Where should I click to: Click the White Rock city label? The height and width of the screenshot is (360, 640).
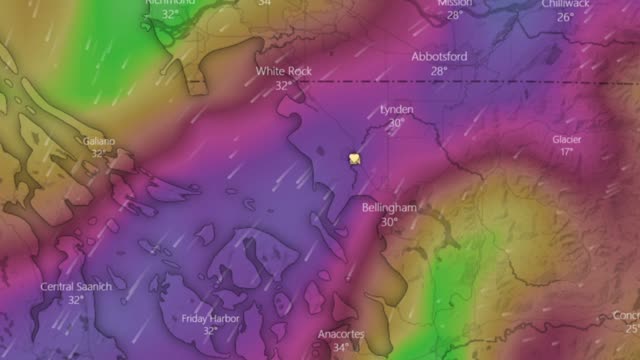pyautogui.click(x=283, y=72)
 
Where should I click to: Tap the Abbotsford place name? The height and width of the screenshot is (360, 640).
pyautogui.click(x=438, y=57)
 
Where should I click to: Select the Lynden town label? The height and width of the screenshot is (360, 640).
pyautogui.click(x=397, y=109)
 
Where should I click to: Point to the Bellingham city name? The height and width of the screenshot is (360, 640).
pyautogui.click(x=388, y=207)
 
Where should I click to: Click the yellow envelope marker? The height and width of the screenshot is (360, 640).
pyautogui.click(x=355, y=158)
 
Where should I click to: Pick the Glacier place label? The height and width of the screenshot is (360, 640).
pyautogui.click(x=567, y=139)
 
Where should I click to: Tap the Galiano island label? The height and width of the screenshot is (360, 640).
pyautogui.click(x=98, y=141)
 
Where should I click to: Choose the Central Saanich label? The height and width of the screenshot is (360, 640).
pyautogui.click(x=76, y=287)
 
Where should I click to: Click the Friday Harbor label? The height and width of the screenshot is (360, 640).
pyautogui.click(x=210, y=318)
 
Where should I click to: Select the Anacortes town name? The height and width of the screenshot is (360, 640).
pyautogui.click(x=342, y=334)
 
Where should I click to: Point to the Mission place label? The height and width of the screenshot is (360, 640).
pyautogui.click(x=455, y=3)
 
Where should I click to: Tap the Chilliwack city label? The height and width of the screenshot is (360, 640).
pyautogui.click(x=566, y=4)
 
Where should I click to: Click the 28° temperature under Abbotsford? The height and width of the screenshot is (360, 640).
pyautogui.click(x=438, y=71)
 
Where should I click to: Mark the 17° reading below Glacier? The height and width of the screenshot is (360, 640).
pyautogui.click(x=567, y=152)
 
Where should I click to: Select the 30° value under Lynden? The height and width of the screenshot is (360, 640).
pyautogui.click(x=397, y=123)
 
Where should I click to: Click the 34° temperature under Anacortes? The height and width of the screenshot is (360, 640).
pyautogui.click(x=342, y=348)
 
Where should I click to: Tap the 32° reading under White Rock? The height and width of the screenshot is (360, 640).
pyautogui.click(x=283, y=86)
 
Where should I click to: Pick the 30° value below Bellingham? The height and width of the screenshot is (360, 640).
pyautogui.click(x=388, y=221)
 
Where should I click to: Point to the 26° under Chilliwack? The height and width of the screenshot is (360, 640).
pyautogui.click(x=566, y=17)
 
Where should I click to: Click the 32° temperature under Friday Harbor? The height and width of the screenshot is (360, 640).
pyautogui.click(x=210, y=331)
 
